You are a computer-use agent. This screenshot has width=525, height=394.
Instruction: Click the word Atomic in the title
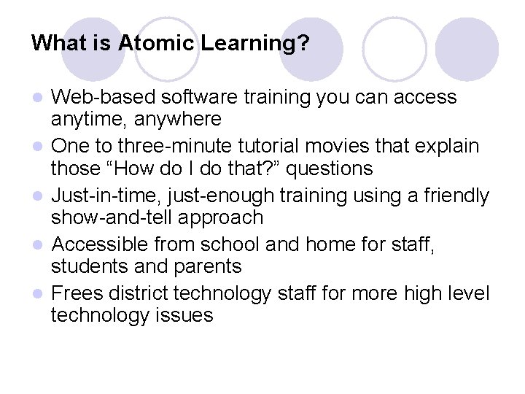click(x=157, y=42)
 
